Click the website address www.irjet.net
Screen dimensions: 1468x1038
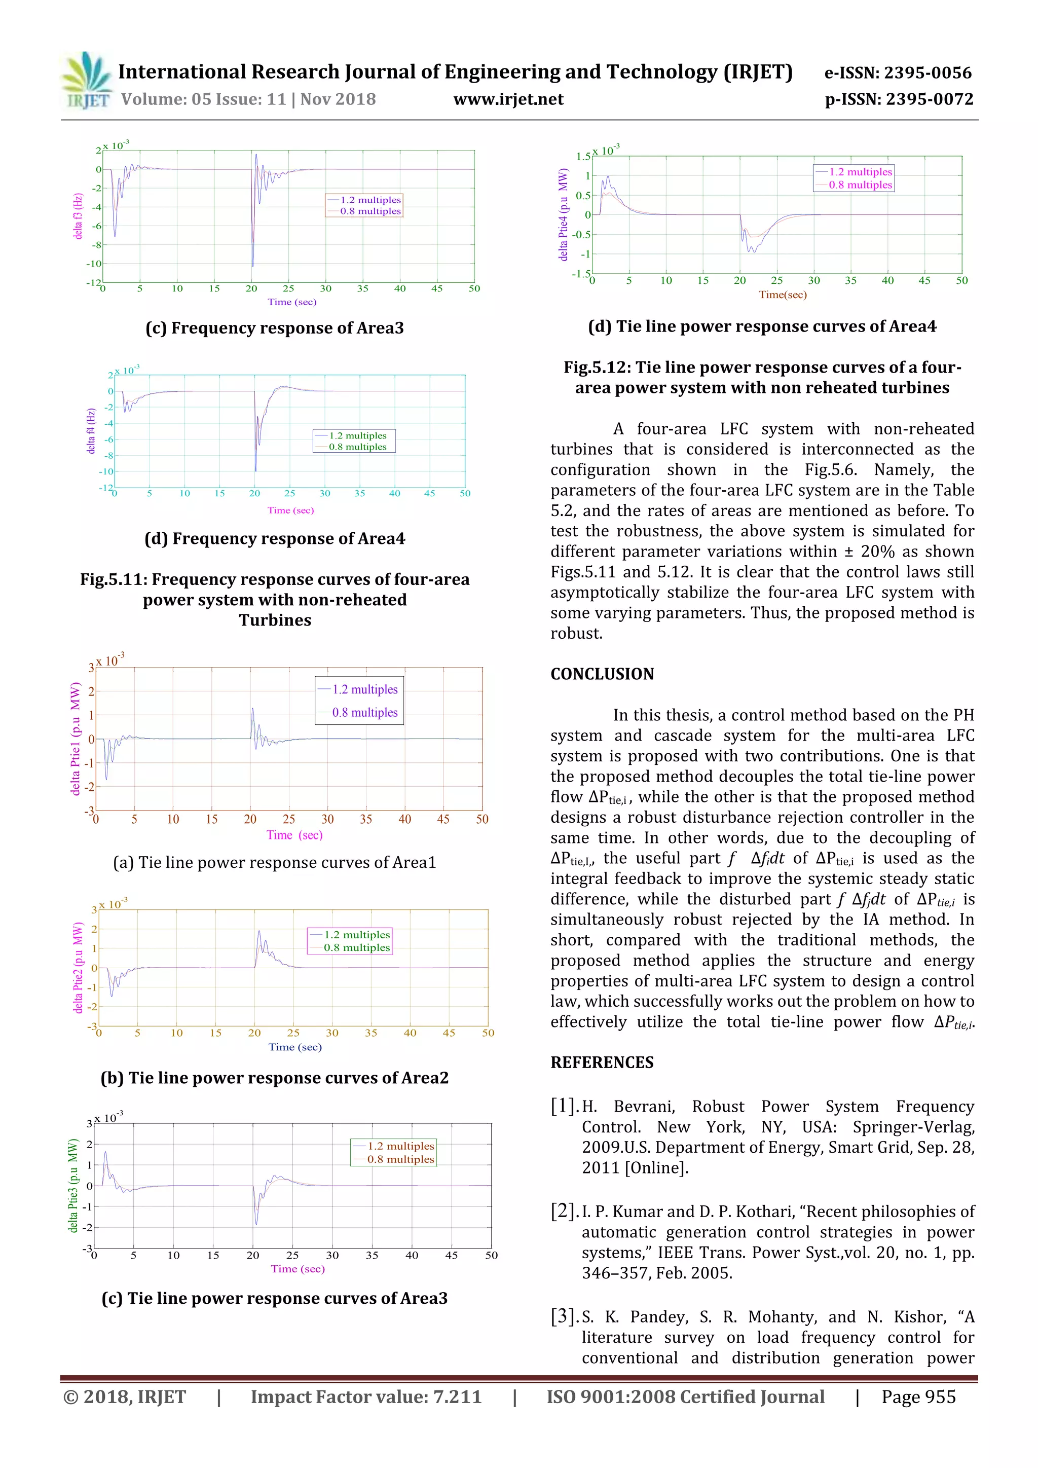pyautogui.click(x=508, y=99)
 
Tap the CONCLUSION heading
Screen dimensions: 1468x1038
pyautogui.click(x=602, y=674)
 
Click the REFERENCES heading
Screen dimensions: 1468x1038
pyautogui.click(x=602, y=1062)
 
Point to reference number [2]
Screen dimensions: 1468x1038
pyautogui.click(x=564, y=1211)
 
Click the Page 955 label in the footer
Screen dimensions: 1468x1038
pyautogui.click(x=918, y=1397)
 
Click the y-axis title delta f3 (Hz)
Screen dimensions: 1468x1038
pyautogui.click(x=78, y=216)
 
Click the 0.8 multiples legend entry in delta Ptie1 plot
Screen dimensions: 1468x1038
pyautogui.click(x=364, y=712)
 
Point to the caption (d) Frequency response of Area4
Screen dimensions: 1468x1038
pyautogui.click(x=275, y=538)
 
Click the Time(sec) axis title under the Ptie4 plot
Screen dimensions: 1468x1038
pyautogui.click(x=783, y=295)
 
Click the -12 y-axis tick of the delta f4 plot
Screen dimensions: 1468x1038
pyautogui.click(x=105, y=487)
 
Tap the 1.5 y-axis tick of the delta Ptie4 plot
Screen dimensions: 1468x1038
pyautogui.click(x=583, y=157)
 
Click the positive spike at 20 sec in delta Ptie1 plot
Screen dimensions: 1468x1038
pyautogui.click(x=252, y=710)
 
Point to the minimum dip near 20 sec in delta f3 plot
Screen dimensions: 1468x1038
pyautogui.click(x=252, y=265)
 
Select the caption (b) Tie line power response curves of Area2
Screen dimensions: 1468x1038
pyautogui.click(x=275, y=1078)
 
